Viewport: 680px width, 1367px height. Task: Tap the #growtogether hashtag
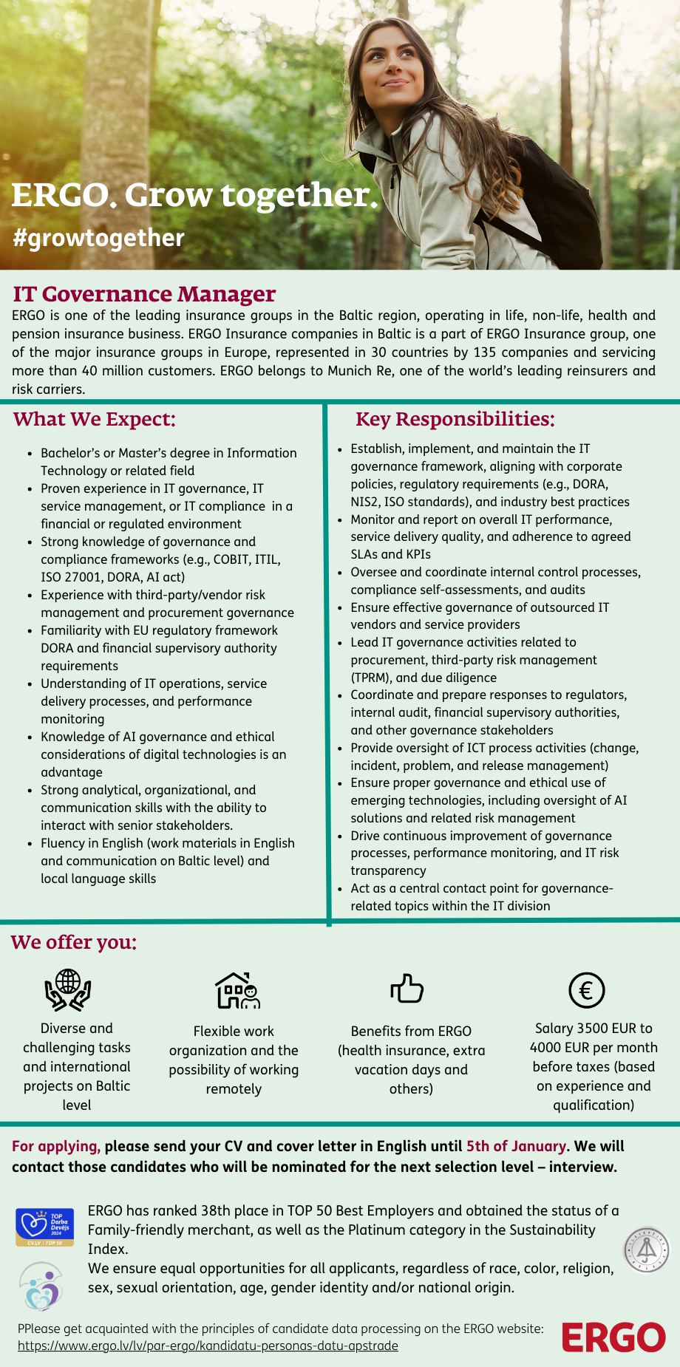pyautogui.click(x=98, y=238)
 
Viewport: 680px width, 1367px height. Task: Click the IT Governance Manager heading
pyautogui.click(x=144, y=294)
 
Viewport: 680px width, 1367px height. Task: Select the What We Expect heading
pyautogui.click(x=95, y=420)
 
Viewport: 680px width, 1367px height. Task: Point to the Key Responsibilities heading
pyautogui.click(x=455, y=420)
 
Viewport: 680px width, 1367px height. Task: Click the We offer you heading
pyautogui.click(x=74, y=943)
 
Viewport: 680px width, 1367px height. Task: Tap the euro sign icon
pyautogui.click(x=587, y=990)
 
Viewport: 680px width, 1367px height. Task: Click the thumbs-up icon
pyautogui.click(x=407, y=989)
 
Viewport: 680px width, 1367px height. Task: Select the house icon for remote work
pyautogui.click(x=237, y=990)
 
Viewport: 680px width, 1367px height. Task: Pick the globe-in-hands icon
pyautogui.click(x=68, y=990)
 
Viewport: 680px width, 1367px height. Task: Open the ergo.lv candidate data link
pyautogui.click(x=208, y=1346)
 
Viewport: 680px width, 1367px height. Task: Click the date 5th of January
pyautogui.click(x=516, y=1146)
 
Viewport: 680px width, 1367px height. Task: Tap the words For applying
pyautogui.click(x=55, y=1146)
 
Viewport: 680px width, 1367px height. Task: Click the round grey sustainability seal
pyautogui.click(x=647, y=1250)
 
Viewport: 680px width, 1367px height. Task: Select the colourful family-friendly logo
pyautogui.click(x=41, y=1286)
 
